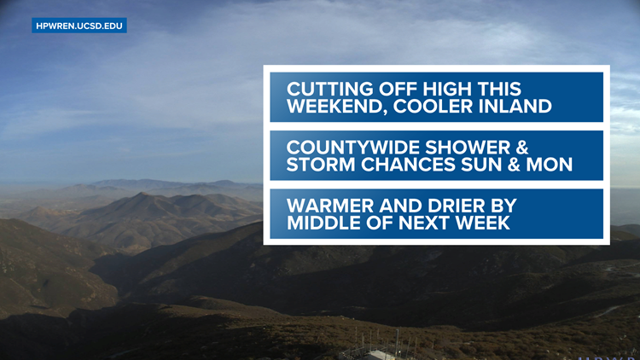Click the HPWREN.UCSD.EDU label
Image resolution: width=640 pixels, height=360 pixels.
point(79,26)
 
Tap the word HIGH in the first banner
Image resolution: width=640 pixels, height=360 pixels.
point(447,90)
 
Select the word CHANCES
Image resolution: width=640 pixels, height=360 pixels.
point(408,165)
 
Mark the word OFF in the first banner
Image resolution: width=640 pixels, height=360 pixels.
point(398,90)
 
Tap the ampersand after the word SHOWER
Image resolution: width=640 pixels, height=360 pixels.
point(520,148)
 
